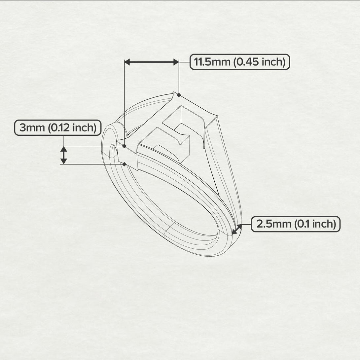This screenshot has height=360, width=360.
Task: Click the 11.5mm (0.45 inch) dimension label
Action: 240,62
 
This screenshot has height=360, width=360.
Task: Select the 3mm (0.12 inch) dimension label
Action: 57,128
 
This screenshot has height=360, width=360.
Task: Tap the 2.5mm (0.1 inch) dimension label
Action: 296,224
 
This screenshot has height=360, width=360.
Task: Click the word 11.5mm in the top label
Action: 212,62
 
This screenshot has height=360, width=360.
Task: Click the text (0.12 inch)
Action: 72,128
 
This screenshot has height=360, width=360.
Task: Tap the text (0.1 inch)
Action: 315,224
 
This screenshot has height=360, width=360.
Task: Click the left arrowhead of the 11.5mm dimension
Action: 127,62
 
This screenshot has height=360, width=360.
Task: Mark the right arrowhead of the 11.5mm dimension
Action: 176,62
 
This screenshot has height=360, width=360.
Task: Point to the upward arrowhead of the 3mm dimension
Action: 64,149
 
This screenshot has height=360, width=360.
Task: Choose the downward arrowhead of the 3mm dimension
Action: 64,161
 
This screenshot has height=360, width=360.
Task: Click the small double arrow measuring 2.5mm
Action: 237,229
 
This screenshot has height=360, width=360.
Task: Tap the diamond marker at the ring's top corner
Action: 179,95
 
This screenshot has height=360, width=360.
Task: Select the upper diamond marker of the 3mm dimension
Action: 124,146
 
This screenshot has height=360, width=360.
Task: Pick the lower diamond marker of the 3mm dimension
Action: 124,164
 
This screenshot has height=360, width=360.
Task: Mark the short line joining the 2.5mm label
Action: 246,225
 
